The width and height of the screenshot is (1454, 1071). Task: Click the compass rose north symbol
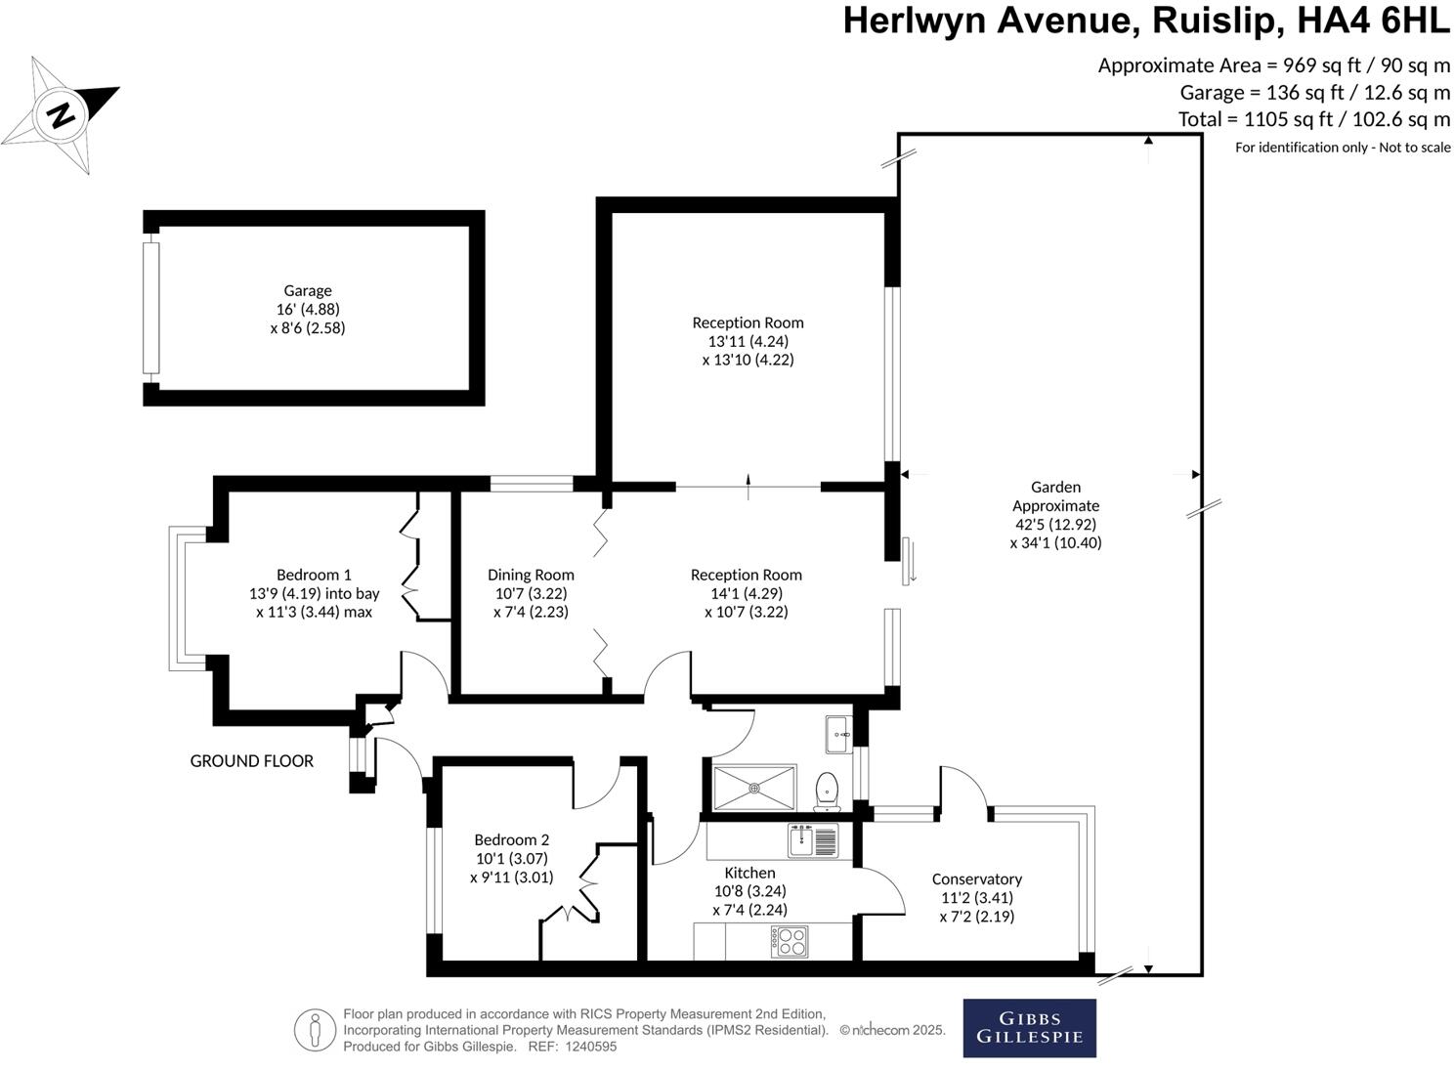coord(61,115)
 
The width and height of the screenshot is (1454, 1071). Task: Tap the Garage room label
coord(308,290)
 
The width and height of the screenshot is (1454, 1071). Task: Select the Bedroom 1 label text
coord(314,576)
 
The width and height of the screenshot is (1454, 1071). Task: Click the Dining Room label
coord(531,576)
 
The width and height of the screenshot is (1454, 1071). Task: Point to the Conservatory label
coord(976,879)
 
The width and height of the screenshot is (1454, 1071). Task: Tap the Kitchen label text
coord(749,873)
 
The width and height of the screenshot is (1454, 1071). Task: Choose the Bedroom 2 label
coord(511,839)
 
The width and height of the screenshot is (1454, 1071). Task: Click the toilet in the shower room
coord(828,790)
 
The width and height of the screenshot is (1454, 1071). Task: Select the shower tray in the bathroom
coord(754,788)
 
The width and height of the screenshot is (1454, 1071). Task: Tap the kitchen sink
coord(812,840)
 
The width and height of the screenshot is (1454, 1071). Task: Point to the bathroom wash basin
coord(838,734)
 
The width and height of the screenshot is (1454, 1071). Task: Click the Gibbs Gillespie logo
coord(1029,1028)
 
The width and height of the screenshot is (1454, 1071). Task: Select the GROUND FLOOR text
coord(251,761)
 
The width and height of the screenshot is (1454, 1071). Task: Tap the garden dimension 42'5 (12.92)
coord(1055,524)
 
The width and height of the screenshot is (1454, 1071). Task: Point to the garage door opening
coord(150,308)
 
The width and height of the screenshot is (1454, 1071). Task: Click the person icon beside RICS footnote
coord(315,1030)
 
